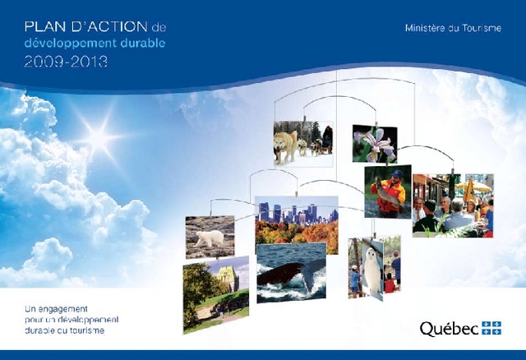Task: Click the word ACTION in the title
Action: [x=109, y=27]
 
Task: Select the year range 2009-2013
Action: [x=66, y=62]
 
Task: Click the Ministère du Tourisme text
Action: [x=453, y=28]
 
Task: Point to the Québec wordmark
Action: [x=449, y=329]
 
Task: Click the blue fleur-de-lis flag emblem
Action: [x=491, y=328]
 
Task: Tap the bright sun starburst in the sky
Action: [x=99, y=136]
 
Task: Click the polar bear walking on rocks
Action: [x=210, y=238]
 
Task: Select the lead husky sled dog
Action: [x=286, y=146]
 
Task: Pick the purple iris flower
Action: [x=376, y=145]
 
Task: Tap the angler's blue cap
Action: [x=397, y=173]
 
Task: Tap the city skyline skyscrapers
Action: [x=296, y=214]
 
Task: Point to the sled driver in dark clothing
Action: [x=327, y=138]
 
